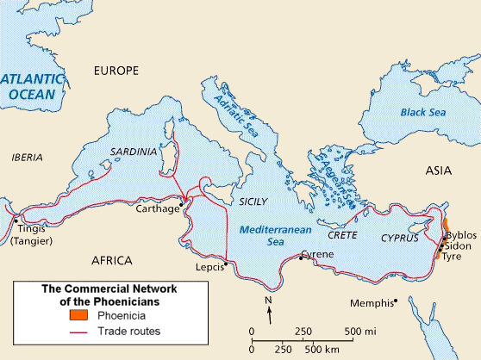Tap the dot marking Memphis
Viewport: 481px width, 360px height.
click(x=395, y=301)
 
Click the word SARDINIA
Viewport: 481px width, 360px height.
click(x=134, y=152)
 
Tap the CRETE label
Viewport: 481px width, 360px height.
click(x=342, y=234)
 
